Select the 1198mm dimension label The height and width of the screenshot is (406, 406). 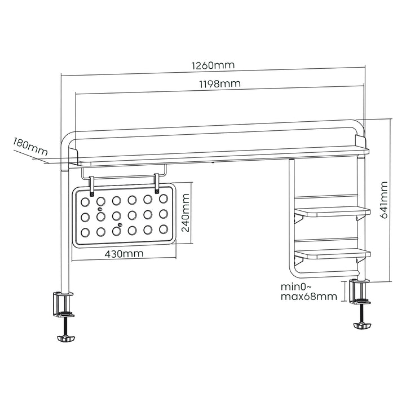pos(220,84)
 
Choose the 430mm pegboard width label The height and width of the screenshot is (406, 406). pos(124,254)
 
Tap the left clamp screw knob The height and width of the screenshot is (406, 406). pos(65,338)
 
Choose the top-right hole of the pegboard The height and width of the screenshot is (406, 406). pos(164,199)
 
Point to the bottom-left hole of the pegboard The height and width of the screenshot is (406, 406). pos(86,232)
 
